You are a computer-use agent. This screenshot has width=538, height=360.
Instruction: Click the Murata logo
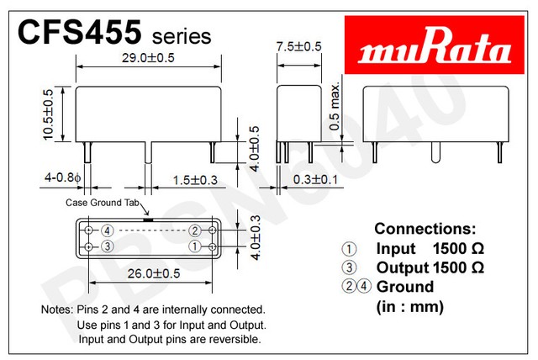(435, 45)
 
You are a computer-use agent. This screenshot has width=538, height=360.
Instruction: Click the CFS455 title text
(79, 32)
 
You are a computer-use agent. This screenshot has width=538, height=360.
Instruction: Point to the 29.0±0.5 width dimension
(148, 58)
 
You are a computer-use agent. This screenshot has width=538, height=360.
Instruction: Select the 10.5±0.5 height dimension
(49, 114)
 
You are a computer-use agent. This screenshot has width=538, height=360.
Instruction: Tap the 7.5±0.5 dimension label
(299, 46)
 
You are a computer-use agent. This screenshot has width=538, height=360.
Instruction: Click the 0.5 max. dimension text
(335, 106)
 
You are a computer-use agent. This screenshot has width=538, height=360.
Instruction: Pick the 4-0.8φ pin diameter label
(63, 177)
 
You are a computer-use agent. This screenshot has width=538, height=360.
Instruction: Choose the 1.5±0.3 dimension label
(195, 180)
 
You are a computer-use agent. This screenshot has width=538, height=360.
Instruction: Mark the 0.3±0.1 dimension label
(315, 179)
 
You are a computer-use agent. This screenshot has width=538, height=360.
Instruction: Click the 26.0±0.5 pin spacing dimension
(154, 273)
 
